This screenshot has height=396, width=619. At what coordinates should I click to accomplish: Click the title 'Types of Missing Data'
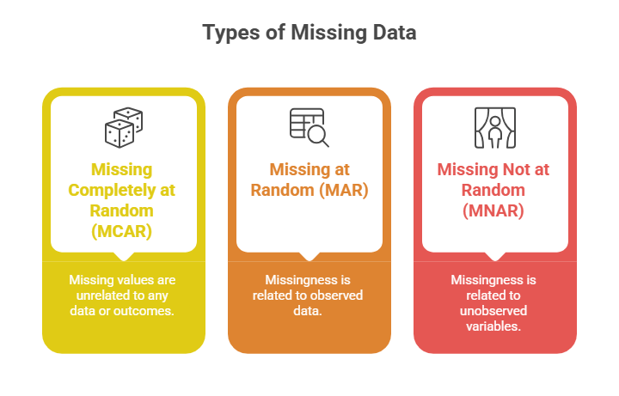point(309,34)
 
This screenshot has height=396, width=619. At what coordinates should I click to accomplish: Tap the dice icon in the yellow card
point(123,126)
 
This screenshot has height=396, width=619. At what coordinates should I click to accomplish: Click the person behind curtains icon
point(494,126)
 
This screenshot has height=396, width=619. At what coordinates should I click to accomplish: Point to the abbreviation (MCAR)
point(123,231)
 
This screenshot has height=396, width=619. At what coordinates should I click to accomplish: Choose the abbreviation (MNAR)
point(494,210)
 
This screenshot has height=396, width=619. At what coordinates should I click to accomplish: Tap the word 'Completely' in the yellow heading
point(111,190)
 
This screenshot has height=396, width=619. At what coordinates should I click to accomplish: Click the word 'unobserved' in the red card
point(494,310)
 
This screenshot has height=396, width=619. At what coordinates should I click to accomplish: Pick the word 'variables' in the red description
point(494,326)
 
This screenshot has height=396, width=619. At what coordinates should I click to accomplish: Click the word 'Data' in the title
point(392,34)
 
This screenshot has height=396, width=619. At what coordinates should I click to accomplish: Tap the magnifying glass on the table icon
point(318,135)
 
